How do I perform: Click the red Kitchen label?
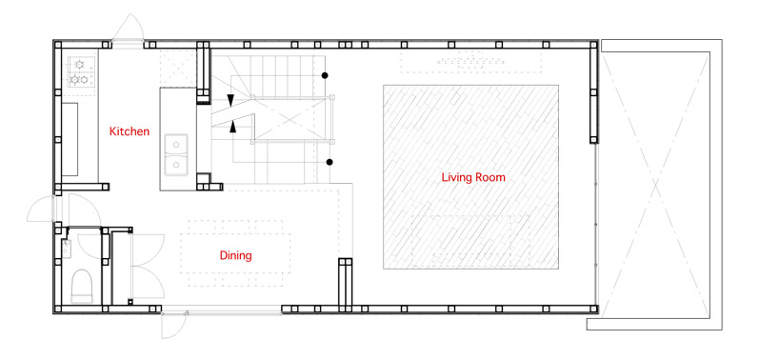[x=130, y=131]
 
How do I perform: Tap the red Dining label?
[x=235, y=256]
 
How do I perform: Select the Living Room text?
[x=473, y=177]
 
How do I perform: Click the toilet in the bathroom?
[x=82, y=286]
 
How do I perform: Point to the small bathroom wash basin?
[x=67, y=249]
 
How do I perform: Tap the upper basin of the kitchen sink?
[x=176, y=144]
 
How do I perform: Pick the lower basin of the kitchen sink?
[x=176, y=165]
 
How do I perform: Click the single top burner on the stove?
[x=79, y=64]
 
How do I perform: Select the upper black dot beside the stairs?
[x=325, y=75]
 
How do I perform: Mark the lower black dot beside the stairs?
[x=329, y=162]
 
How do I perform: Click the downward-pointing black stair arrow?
[x=231, y=100]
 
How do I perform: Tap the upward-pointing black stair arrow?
[x=232, y=127]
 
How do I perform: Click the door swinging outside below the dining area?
[x=173, y=326]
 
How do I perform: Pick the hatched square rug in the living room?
[x=470, y=177]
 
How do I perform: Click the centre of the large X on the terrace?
[x=655, y=184]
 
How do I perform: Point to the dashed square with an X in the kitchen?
[x=178, y=68]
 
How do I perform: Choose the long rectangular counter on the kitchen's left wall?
[x=70, y=139]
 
